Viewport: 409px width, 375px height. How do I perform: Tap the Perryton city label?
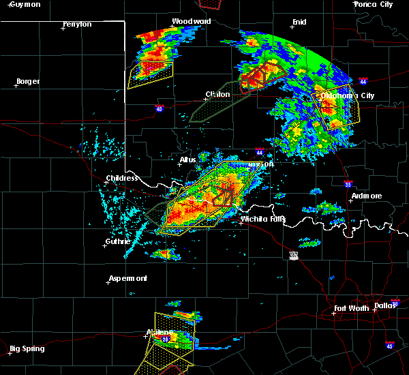coord(76,24)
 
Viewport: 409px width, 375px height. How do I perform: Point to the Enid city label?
coord(299,22)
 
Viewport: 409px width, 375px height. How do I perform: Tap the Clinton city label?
coord(217,94)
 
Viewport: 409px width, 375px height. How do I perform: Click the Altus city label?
coord(187,160)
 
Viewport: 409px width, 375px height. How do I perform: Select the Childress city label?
coord(122,179)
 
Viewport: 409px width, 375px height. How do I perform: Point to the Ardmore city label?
coord(366,196)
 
